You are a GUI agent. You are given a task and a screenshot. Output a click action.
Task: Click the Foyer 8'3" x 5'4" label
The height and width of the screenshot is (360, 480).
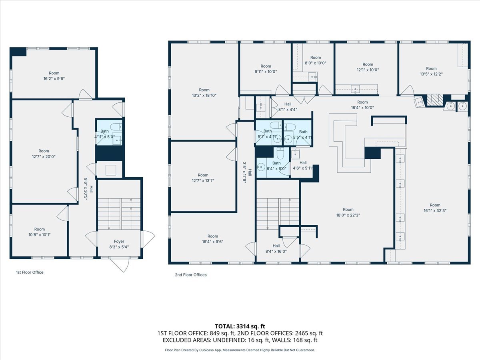coord(119,244)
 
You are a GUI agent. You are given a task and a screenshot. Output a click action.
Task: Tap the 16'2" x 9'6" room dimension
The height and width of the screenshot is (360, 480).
coord(54,78)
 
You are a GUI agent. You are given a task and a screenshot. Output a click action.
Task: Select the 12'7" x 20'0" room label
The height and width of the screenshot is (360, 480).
coord(44,154)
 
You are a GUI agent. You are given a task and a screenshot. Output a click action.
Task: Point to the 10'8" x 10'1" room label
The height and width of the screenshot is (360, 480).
coord(40,232)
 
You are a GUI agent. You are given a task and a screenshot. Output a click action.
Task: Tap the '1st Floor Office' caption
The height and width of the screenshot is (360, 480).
coord(30,272)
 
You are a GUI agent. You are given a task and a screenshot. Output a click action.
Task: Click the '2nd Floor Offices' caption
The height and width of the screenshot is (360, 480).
coord(191,275)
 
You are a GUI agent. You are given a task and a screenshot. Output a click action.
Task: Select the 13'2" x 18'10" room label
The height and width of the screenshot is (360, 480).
coord(204,92)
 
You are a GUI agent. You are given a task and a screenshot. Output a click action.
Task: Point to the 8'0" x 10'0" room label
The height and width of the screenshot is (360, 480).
coord(316,60)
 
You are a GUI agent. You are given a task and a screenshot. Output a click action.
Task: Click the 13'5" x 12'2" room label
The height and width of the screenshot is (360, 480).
coord(431,71)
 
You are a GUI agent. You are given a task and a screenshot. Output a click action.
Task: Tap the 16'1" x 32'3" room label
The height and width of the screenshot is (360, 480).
coord(435,208)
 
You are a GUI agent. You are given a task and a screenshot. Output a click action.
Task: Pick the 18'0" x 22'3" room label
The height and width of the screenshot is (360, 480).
coord(348,212)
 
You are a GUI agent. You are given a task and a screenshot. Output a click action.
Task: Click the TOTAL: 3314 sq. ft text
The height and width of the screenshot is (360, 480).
coord(240,326)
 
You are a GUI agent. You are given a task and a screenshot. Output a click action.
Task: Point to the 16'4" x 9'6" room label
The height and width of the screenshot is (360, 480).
coord(212,239)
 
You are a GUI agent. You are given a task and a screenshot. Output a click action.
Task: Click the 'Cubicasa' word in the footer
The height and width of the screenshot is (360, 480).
coord(206,350)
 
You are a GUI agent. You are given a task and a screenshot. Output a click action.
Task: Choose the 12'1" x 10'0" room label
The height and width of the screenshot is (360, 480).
coord(368,67)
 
